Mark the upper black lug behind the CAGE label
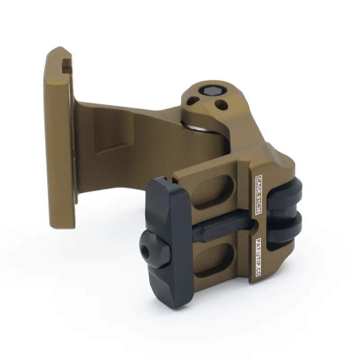[288, 191]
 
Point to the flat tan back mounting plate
[58, 135]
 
